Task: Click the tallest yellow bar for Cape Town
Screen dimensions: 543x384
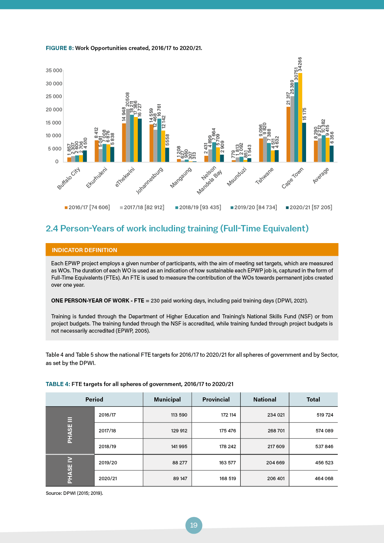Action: pos(300,117)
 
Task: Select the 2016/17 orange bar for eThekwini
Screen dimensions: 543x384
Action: pos(124,143)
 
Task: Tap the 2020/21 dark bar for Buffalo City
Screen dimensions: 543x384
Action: pos(85,156)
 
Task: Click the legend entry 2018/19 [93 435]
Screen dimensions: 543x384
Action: pos(198,207)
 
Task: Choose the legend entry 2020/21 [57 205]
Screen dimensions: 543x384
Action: pos(309,207)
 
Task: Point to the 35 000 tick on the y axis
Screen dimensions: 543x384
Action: pos(54,71)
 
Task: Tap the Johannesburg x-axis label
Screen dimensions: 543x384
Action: pos(150,180)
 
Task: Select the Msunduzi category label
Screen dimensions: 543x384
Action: pos(237,176)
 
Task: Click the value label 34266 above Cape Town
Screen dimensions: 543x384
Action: pos(300,64)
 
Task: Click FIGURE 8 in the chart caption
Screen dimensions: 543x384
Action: pos(59,48)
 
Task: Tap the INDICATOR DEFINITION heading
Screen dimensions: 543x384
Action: pos(84,250)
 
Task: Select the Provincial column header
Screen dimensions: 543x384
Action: pos(216,400)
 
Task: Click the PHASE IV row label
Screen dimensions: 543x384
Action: pos(70,470)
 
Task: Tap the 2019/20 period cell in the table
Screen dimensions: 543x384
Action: pos(108,463)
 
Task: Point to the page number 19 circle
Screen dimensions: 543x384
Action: pos(194,525)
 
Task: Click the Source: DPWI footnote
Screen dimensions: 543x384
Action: pos(75,493)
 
